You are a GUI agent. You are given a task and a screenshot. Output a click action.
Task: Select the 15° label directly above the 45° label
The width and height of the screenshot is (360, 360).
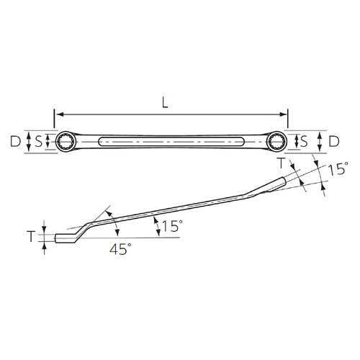pyautogui.click(x=170, y=226)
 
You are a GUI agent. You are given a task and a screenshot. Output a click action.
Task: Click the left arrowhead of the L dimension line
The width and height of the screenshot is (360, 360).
pyautogui.click(x=59, y=114)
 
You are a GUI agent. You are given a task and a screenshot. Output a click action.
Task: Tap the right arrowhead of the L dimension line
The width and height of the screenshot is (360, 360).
pyautogui.click(x=284, y=114)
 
